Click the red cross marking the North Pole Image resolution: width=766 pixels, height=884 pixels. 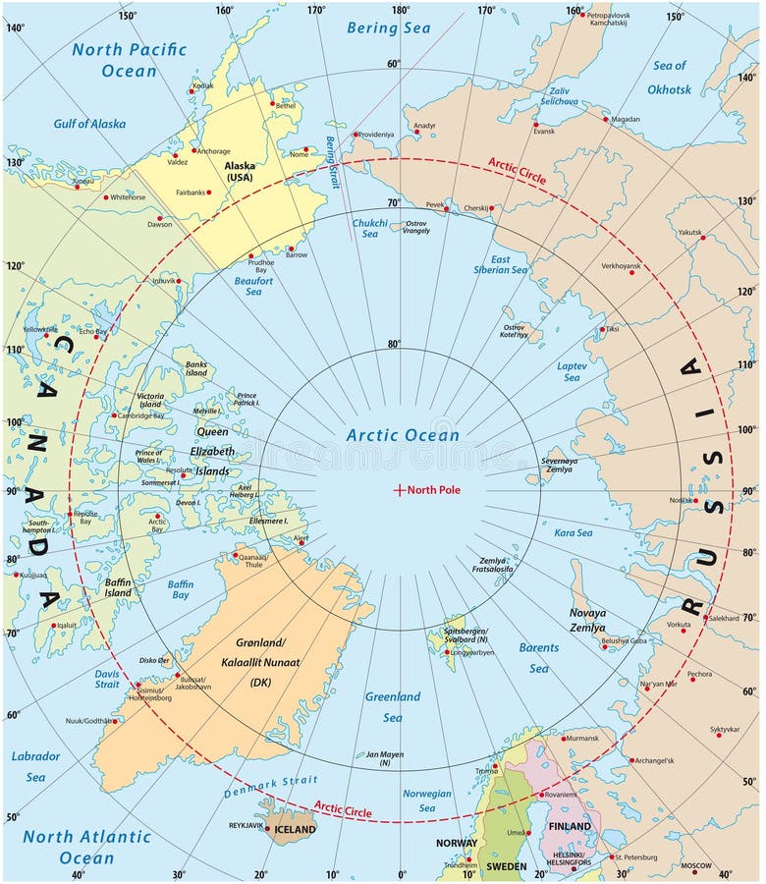coord(399,490)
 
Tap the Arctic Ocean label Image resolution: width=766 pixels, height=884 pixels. coord(403,435)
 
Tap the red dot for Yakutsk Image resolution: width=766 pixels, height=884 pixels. coord(702,238)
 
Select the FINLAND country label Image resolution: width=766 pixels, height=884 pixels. coord(571,827)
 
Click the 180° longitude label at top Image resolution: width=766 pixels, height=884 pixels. coord(401,11)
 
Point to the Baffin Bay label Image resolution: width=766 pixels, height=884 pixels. coord(180,590)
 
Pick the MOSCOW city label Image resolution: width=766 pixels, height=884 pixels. coord(695,865)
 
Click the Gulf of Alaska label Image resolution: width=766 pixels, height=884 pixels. coord(89,124)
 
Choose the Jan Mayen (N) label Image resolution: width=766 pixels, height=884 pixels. coord(385,758)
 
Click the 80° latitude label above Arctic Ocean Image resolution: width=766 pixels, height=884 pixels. coord(394,344)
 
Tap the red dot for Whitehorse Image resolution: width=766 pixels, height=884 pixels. coord(105,197)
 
